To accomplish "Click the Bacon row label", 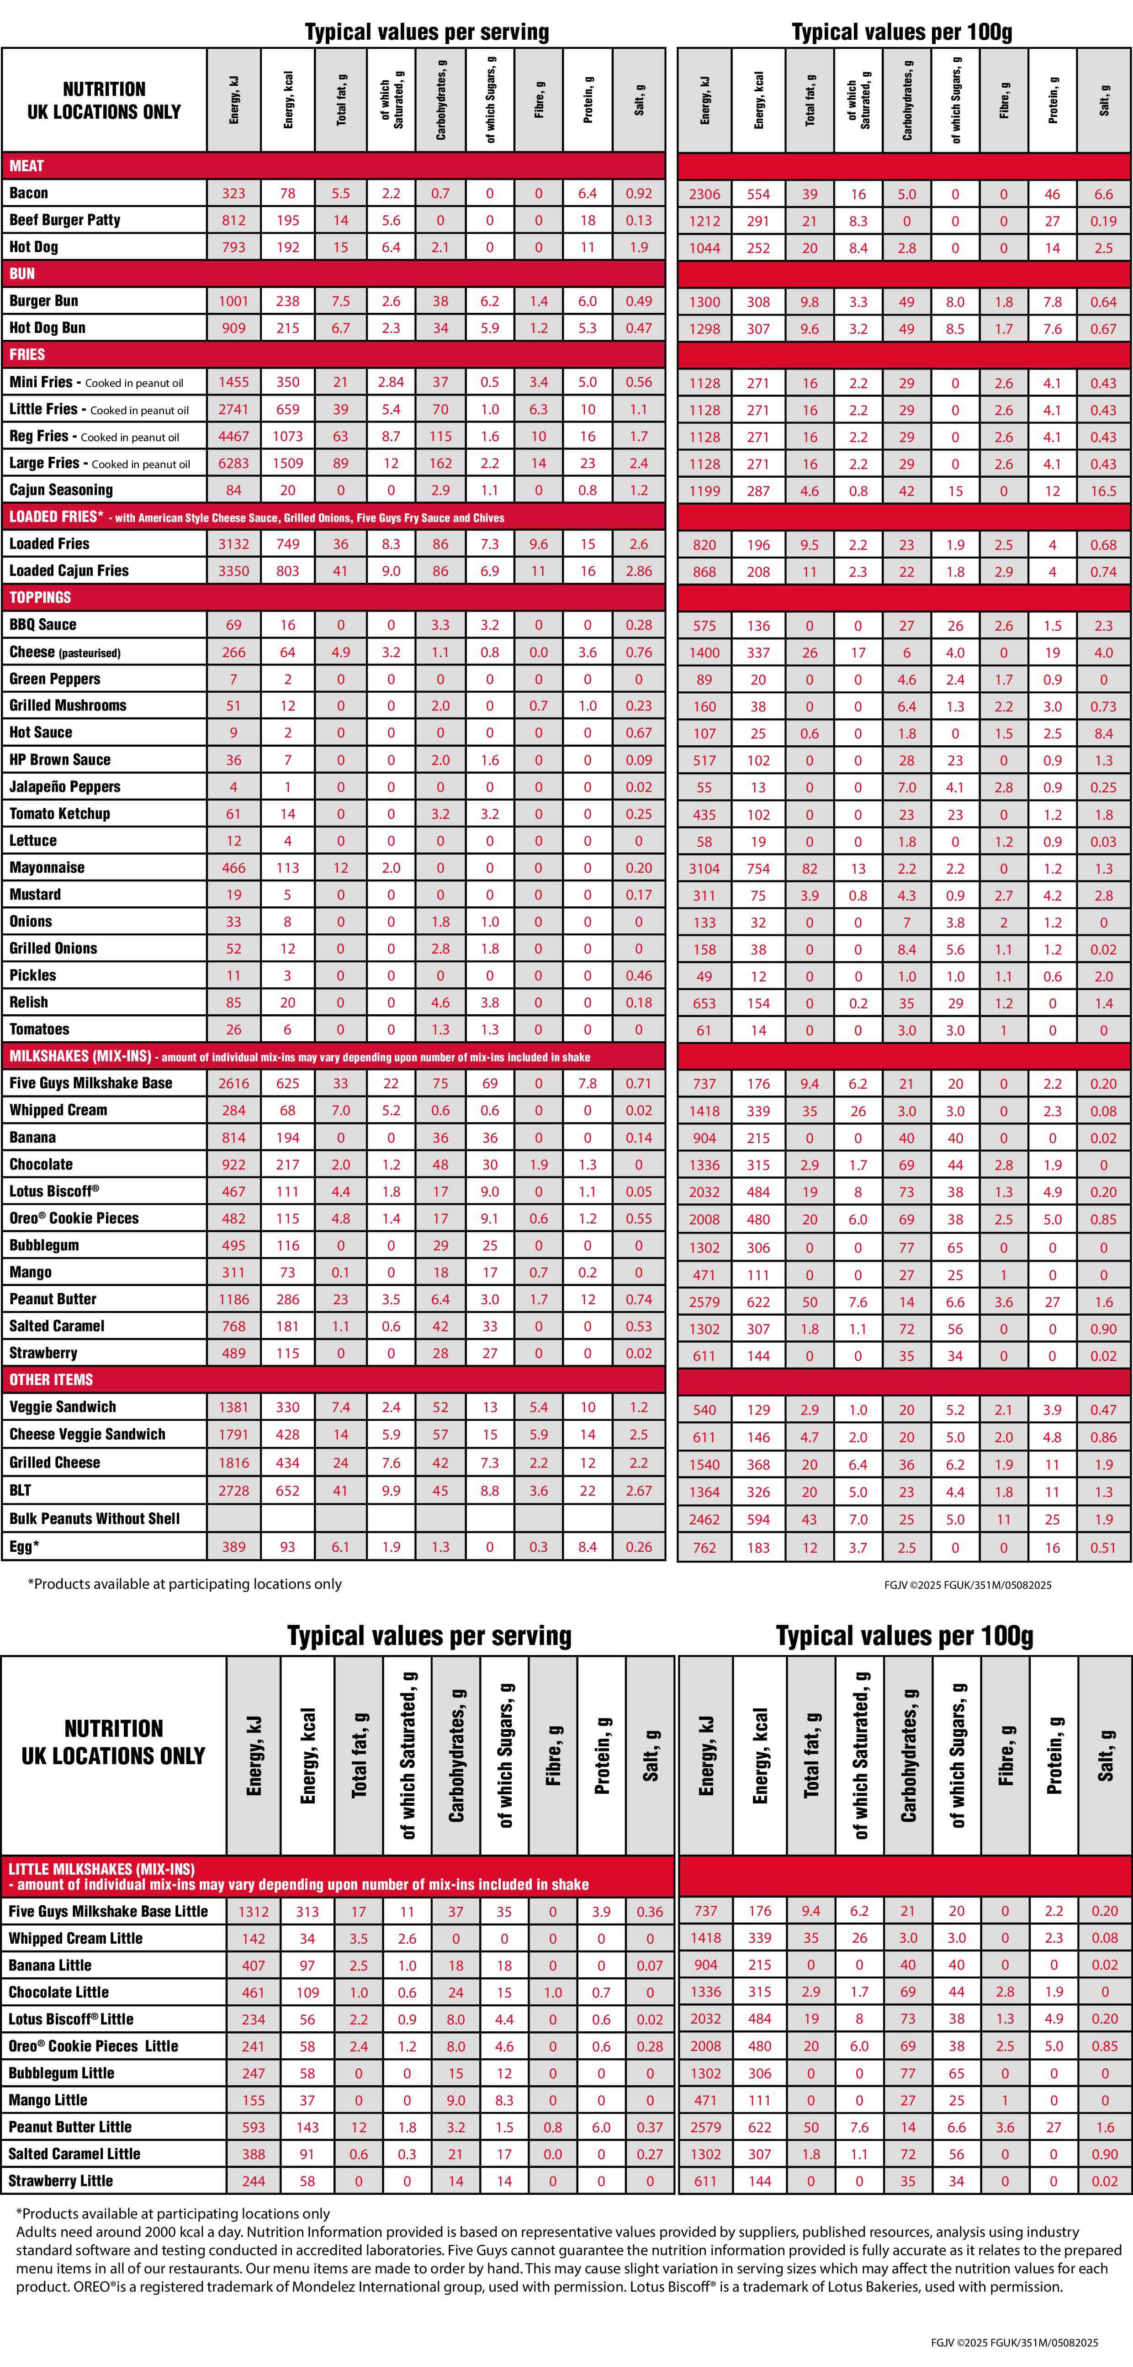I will pyautogui.click(x=28, y=193).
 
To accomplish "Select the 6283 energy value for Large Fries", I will pyautogui.click(x=233, y=463).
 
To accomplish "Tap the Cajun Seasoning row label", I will pyautogui.click(x=61, y=490).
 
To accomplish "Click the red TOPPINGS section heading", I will pyautogui.click(x=40, y=597).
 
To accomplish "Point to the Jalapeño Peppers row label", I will pyautogui.click(x=64, y=786).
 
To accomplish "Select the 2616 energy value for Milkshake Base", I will pyautogui.click(x=233, y=1083).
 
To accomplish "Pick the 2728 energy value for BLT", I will pyautogui.click(x=233, y=1491).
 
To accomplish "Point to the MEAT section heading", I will pyautogui.click(x=26, y=165).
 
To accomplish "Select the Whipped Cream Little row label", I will pyautogui.click(x=75, y=1938).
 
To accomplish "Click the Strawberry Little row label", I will pyautogui.click(x=61, y=2181).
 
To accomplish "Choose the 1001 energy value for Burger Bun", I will pyautogui.click(x=233, y=300).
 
